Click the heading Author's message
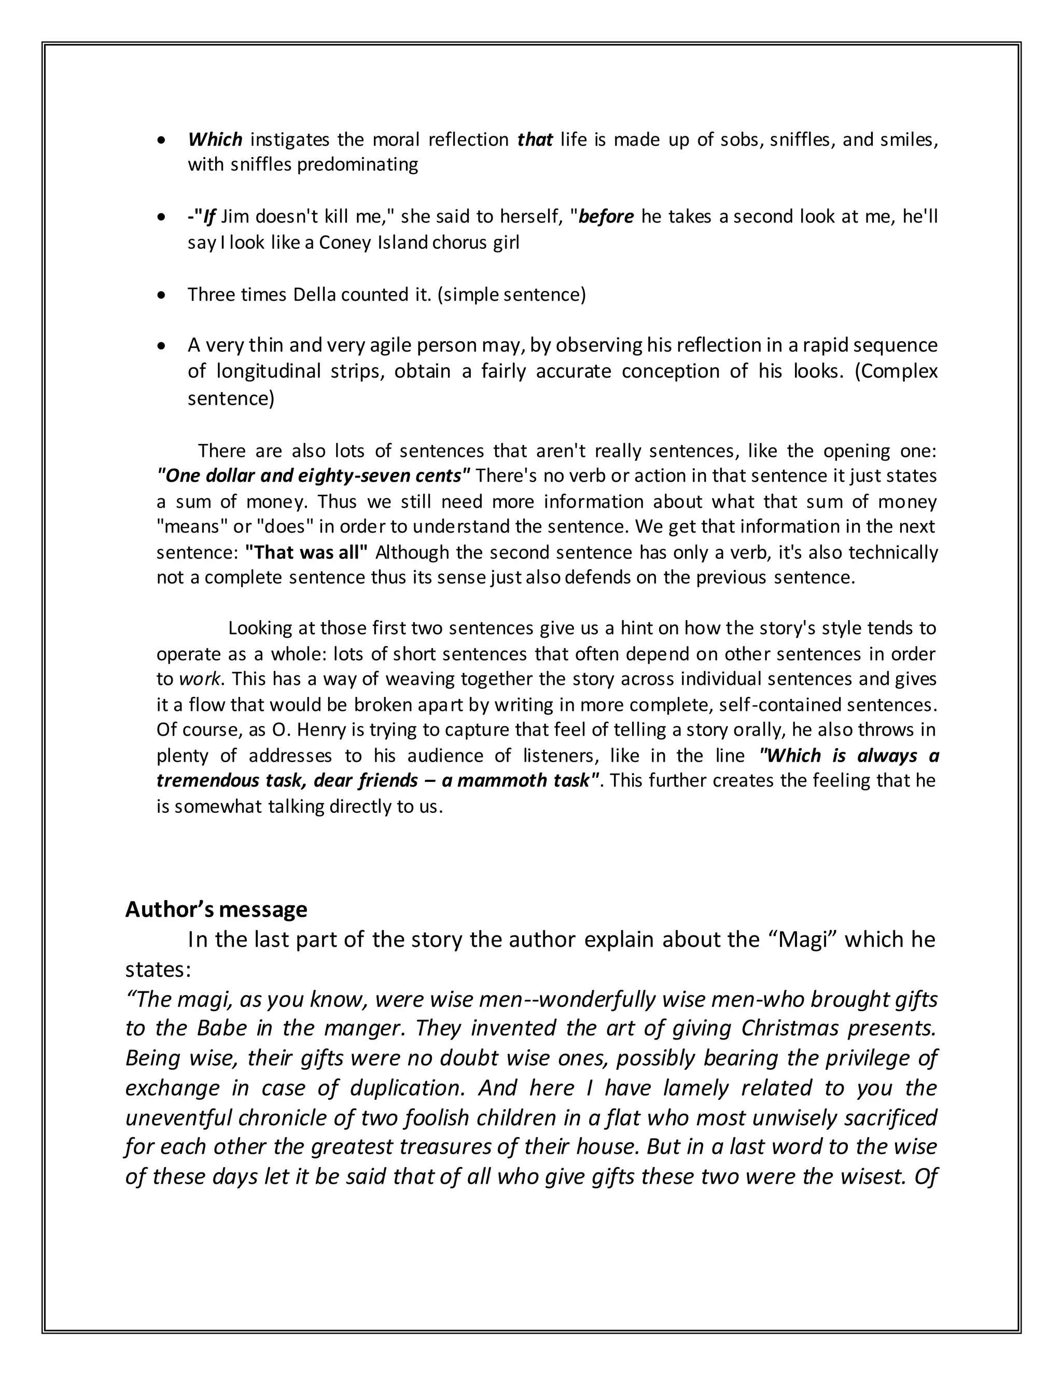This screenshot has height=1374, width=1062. pyautogui.click(x=216, y=909)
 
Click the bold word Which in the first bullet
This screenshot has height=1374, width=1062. pyautogui.click(x=215, y=139)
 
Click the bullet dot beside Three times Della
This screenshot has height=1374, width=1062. pyautogui.click(x=162, y=295)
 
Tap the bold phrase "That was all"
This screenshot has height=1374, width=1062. pyautogui.click(x=306, y=552)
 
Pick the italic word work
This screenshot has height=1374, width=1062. pyautogui.click(x=200, y=679)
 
